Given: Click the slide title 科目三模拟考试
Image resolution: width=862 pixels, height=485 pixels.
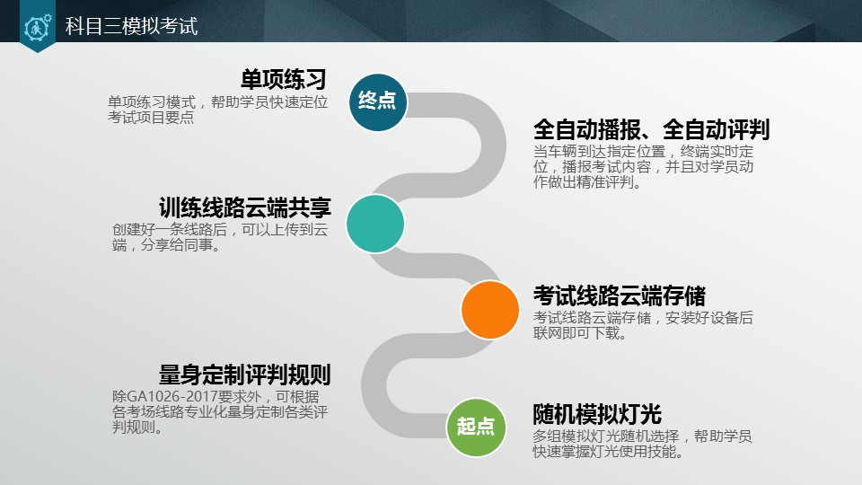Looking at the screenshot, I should coord(131,27).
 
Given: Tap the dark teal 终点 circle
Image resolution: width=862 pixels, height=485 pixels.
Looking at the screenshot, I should coord(377,101).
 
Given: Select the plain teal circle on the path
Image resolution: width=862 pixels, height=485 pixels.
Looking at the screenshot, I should coord(375,224).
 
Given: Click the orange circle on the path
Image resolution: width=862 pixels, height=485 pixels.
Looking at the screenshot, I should coord(490,310).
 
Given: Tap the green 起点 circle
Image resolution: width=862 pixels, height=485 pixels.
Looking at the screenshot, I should coord(476,426).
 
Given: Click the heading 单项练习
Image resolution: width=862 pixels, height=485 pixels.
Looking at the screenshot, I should coord(283,79).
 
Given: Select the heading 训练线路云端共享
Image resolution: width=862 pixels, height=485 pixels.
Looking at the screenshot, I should coord(245,208).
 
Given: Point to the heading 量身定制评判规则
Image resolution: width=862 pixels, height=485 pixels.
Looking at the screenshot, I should coord(245,375).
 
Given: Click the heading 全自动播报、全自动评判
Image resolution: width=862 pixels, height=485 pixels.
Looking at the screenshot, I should coord(651,130).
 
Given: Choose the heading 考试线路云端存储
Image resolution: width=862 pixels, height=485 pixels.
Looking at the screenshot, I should coord(620,295).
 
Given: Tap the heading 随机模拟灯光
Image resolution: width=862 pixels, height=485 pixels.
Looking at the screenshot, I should coord(597,415).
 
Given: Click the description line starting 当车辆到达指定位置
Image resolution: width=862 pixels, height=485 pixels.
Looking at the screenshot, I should coord(643,151).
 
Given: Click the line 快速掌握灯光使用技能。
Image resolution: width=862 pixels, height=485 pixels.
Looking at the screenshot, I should coord(608,453).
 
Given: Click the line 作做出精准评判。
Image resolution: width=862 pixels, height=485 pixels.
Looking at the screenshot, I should coord(587,182).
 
